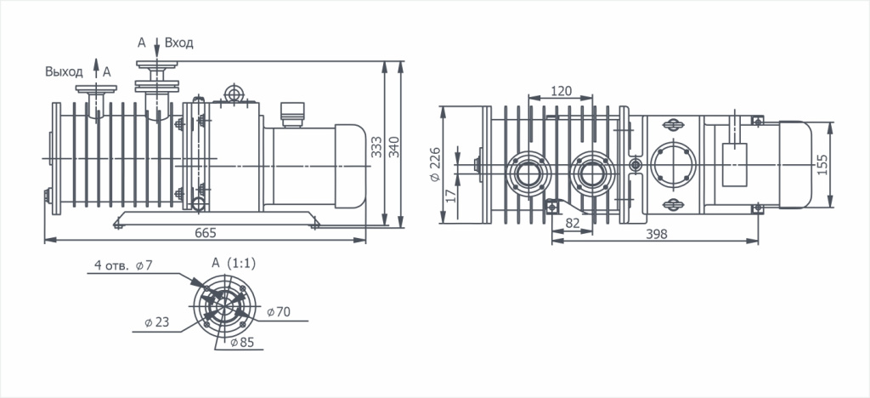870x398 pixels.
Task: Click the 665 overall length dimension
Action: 206,233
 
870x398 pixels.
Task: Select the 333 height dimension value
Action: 376,148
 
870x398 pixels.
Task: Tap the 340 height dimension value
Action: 393,148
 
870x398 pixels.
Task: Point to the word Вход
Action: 179,43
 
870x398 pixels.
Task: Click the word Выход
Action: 65,71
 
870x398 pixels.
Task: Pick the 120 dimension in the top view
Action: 561,91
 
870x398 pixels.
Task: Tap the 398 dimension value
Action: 657,234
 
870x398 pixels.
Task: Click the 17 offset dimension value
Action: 450,194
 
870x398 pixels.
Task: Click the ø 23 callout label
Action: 157,322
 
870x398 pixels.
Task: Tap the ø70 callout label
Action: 279,312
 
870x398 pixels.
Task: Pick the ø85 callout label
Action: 242,343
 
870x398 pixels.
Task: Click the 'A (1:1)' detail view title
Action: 234,264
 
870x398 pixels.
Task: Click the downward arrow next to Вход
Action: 157,44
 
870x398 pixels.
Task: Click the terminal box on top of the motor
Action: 292,114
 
